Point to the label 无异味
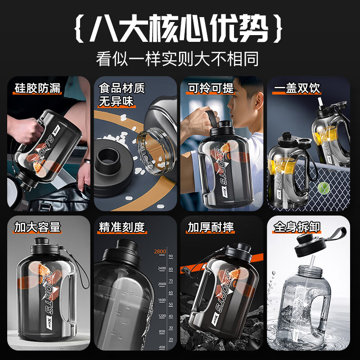(x=116, y=102)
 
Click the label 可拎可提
(x=211, y=87)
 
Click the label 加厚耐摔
(x=211, y=227)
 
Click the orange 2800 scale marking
(x=160, y=252)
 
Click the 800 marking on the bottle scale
(x=161, y=331)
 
